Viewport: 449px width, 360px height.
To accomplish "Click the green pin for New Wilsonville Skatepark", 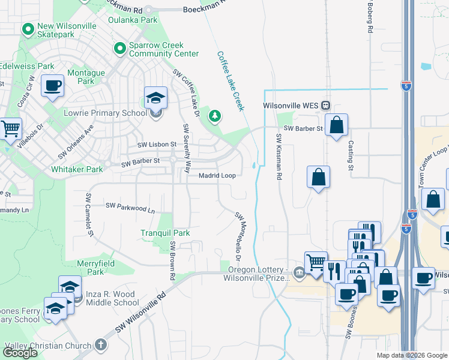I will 28,29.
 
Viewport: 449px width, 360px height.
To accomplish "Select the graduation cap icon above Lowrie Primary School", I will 156,97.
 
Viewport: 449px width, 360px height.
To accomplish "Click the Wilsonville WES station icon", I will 325,106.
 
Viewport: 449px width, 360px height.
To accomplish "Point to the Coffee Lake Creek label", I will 230,81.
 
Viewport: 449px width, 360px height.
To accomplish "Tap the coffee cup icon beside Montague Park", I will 53,85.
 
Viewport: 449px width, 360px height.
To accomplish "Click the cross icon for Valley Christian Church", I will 100,345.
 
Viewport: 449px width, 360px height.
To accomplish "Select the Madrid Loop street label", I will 217,175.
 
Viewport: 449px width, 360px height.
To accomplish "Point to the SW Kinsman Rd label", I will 279,157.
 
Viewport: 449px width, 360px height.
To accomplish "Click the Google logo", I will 20,352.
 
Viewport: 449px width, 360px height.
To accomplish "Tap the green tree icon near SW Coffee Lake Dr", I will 214,115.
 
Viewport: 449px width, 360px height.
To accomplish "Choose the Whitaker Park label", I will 77,170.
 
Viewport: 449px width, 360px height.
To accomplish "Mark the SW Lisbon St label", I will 157,145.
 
